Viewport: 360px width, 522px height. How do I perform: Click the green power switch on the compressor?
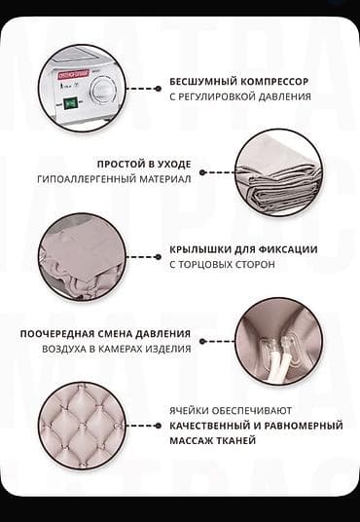click(70, 101)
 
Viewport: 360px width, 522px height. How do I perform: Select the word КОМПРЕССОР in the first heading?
click(276, 82)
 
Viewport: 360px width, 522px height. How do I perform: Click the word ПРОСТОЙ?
click(124, 164)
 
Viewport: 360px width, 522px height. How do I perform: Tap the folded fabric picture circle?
click(277, 172)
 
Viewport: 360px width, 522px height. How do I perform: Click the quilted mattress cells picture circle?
click(82, 425)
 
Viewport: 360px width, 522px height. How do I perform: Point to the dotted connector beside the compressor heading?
click(144, 89)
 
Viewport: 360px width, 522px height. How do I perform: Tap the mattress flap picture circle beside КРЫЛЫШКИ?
click(82, 256)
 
